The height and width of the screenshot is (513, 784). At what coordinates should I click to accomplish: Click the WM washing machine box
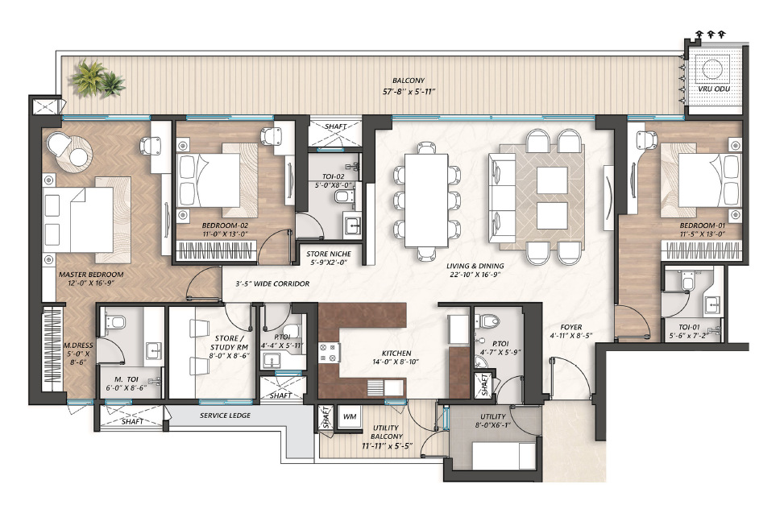click(x=350, y=416)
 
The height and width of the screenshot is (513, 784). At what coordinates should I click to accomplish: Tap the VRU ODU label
click(x=714, y=89)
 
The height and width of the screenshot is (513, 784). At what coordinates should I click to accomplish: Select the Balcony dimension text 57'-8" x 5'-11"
click(x=408, y=92)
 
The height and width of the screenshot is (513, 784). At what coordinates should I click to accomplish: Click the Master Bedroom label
click(x=91, y=275)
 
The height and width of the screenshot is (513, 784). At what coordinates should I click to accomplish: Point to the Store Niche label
click(x=329, y=254)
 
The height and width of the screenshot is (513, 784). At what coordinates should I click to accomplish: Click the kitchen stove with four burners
click(x=330, y=352)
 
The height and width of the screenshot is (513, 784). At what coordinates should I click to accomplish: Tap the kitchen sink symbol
click(x=385, y=387)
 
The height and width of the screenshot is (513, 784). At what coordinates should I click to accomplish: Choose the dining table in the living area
click(x=426, y=200)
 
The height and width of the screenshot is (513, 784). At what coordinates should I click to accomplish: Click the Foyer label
click(x=571, y=327)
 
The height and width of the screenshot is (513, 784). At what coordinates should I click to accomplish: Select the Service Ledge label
click(x=225, y=415)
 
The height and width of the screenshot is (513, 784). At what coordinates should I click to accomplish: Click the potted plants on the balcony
click(x=97, y=78)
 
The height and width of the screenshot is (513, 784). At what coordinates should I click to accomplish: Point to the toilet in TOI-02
click(x=343, y=197)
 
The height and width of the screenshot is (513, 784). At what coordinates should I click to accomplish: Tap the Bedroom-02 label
click(x=225, y=225)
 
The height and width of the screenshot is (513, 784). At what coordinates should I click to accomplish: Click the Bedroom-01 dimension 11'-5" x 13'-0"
click(x=703, y=234)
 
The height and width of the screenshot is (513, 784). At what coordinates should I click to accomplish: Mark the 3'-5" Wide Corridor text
click(x=272, y=283)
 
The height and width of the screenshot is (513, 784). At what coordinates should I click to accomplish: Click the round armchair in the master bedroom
click(x=59, y=144)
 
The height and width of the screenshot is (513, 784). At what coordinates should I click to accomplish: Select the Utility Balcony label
click(x=387, y=432)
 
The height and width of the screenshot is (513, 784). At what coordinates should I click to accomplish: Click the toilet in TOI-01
click(x=687, y=281)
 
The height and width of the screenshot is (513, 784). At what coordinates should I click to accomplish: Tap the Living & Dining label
click(x=475, y=266)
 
